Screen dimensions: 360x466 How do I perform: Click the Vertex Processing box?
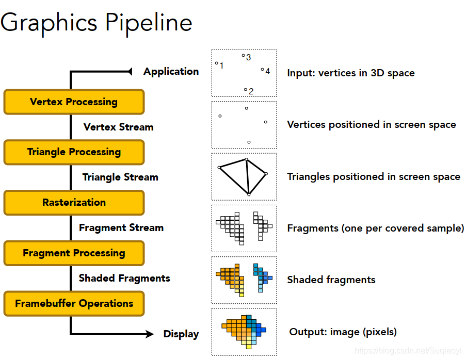click(x=74, y=102)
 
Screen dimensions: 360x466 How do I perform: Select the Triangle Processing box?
click(x=74, y=152)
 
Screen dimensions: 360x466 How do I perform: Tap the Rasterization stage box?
click(x=74, y=203)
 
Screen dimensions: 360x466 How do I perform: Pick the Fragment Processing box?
click(x=74, y=253)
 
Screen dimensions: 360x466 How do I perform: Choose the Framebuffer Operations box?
click(x=74, y=304)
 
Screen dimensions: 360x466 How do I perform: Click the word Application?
click(x=171, y=72)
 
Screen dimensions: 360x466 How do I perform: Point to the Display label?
click(x=181, y=334)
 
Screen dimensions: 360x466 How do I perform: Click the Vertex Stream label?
click(x=118, y=127)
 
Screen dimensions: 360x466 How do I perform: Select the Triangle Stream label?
click(x=120, y=177)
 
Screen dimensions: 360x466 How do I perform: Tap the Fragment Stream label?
click(x=121, y=228)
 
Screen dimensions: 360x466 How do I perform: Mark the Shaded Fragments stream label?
click(x=124, y=279)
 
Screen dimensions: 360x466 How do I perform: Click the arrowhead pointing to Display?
click(x=149, y=334)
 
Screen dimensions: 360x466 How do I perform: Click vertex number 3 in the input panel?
click(x=244, y=56)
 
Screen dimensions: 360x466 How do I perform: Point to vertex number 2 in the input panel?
click(x=246, y=90)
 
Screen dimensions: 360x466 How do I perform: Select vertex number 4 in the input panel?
click(x=262, y=69)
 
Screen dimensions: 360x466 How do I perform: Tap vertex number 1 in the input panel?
click(x=217, y=63)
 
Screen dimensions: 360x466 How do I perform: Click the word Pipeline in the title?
click(x=149, y=23)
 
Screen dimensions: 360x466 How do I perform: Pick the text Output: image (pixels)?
click(x=343, y=332)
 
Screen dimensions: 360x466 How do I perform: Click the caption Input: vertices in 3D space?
click(x=350, y=73)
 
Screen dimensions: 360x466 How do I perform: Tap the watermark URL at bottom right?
click(x=409, y=351)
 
